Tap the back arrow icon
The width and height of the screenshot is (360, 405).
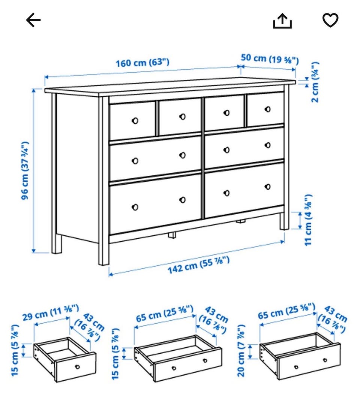point(33,20)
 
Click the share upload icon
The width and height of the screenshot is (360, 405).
point(282,21)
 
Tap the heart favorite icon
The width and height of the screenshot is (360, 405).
point(330,20)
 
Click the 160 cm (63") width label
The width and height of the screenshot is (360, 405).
point(142,63)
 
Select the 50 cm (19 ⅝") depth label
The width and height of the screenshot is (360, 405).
point(270,59)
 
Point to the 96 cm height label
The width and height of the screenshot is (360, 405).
point(25,171)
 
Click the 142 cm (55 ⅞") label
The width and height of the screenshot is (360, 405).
point(199,265)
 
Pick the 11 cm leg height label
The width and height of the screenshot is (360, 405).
point(308,220)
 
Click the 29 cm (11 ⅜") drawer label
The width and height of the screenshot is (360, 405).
point(51,312)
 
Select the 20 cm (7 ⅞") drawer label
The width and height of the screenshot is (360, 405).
point(241,351)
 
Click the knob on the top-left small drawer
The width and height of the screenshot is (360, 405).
point(135,121)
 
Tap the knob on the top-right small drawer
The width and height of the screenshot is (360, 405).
point(268,109)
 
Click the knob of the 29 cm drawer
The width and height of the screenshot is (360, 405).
point(77,367)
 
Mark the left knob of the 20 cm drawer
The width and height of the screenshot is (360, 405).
point(296,367)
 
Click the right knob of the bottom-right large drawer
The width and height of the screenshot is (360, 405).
point(268,187)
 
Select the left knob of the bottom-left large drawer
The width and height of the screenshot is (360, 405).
point(135,207)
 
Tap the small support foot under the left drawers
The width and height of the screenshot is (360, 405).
point(172,235)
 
